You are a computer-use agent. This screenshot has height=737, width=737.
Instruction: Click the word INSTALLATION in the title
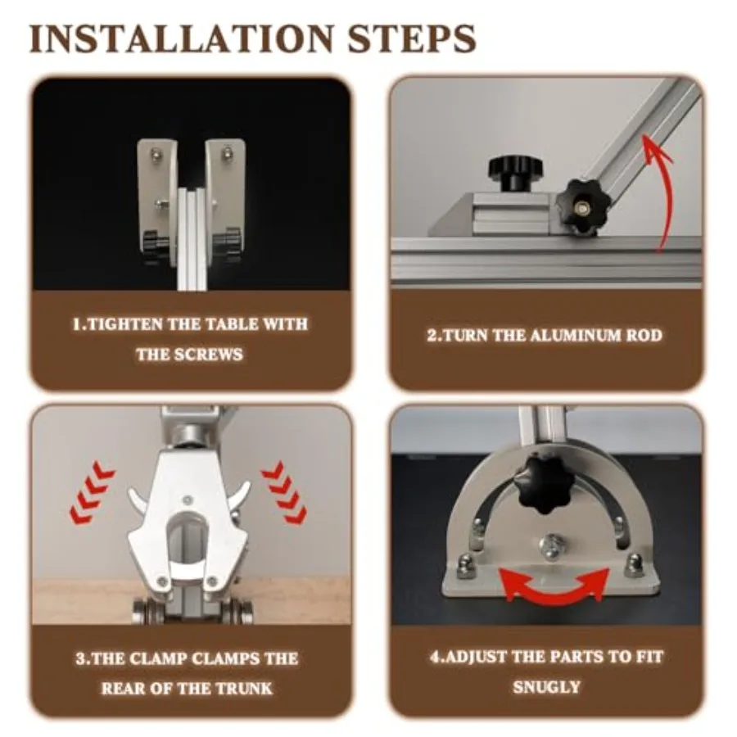coord(181,38)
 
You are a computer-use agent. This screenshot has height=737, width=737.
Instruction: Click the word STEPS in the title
coord(412,38)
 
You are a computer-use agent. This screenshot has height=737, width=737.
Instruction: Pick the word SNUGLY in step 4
coord(547,687)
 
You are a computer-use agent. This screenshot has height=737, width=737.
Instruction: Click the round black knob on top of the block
coord(515,173)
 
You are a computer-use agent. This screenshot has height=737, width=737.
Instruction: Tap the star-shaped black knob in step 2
coord(581,207)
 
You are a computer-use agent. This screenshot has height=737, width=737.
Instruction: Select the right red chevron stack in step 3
coord(284,494)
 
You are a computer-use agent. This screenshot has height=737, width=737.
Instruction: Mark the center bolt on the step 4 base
coord(552,546)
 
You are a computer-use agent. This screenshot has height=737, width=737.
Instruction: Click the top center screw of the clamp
coord(188,500)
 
